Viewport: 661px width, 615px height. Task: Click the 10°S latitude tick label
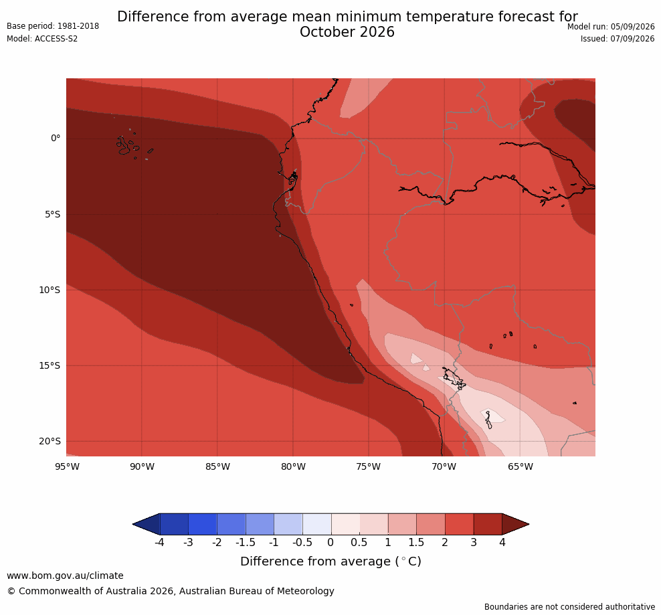pyautogui.click(x=50, y=290)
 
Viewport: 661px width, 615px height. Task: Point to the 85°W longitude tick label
pyautogui.click(x=217, y=466)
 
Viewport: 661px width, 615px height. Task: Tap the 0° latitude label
pyautogui.click(x=56, y=139)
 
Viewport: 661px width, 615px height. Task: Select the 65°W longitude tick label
pyautogui.click(x=521, y=466)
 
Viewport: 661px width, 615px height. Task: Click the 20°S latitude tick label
pyautogui.click(x=50, y=441)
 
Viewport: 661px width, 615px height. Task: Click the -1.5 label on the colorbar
pyautogui.click(x=246, y=543)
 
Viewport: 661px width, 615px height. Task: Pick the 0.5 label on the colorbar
pyautogui.click(x=359, y=543)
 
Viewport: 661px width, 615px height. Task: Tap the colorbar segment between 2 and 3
pyautogui.click(x=459, y=524)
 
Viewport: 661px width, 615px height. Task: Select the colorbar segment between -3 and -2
pyautogui.click(x=202, y=524)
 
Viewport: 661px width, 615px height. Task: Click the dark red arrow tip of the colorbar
pyautogui.click(x=529, y=524)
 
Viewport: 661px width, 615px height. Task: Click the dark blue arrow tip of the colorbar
pyautogui.click(x=133, y=524)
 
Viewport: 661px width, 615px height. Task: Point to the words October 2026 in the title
pyautogui.click(x=347, y=32)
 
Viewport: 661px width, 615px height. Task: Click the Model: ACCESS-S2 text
pyautogui.click(x=42, y=39)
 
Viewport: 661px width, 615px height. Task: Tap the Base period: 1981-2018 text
pyautogui.click(x=53, y=26)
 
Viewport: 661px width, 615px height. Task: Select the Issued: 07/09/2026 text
pyautogui.click(x=617, y=39)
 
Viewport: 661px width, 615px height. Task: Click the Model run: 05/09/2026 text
pyautogui.click(x=611, y=27)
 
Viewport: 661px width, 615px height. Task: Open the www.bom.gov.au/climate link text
pyautogui.click(x=65, y=576)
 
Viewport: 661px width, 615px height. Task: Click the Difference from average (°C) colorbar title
pyautogui.click(x=330, y=561)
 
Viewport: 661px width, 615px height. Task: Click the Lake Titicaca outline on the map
pyautogui.click(x=454, y=378)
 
